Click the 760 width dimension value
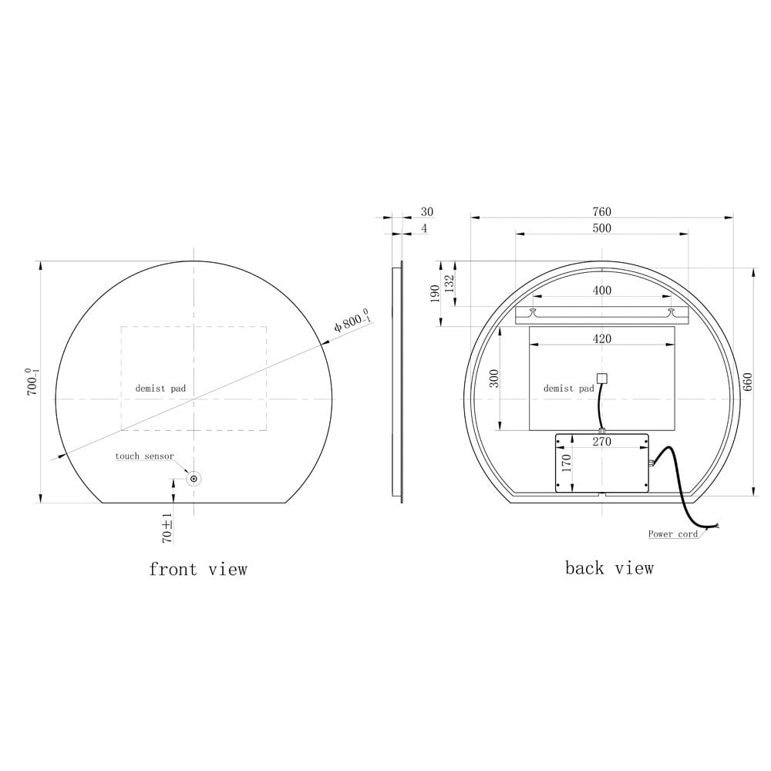pyautogui.click(x=601, y=212)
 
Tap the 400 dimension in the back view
pyautogui.click(x=602, y=291)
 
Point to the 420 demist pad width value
pyautogui.click(x=601, y=338)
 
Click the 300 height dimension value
pyautogui.click(x=495, y=378)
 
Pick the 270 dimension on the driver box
pyautogui.click(x=601, y=442)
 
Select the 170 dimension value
pyautogui.click(x=565, y=463)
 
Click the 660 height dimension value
pyautogui.click(x=747, y=382)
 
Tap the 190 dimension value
pyautogui.click(x=435, y=293)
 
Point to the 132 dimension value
pyautogui.click(x=449, y=282)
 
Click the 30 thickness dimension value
pyautogui.click(x=427, y=212)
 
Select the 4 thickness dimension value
pyautogui.click(x=424, y=228)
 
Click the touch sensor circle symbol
pyautogui.click(x=194, y=479)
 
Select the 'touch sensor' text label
pyautogui.click(x=144, y=456)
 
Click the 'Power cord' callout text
pyautogui.click(x=672, y=534)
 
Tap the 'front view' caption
pyautogui.click(x=198, y=570)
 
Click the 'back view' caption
pyautogui.click(x=609, y=568)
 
